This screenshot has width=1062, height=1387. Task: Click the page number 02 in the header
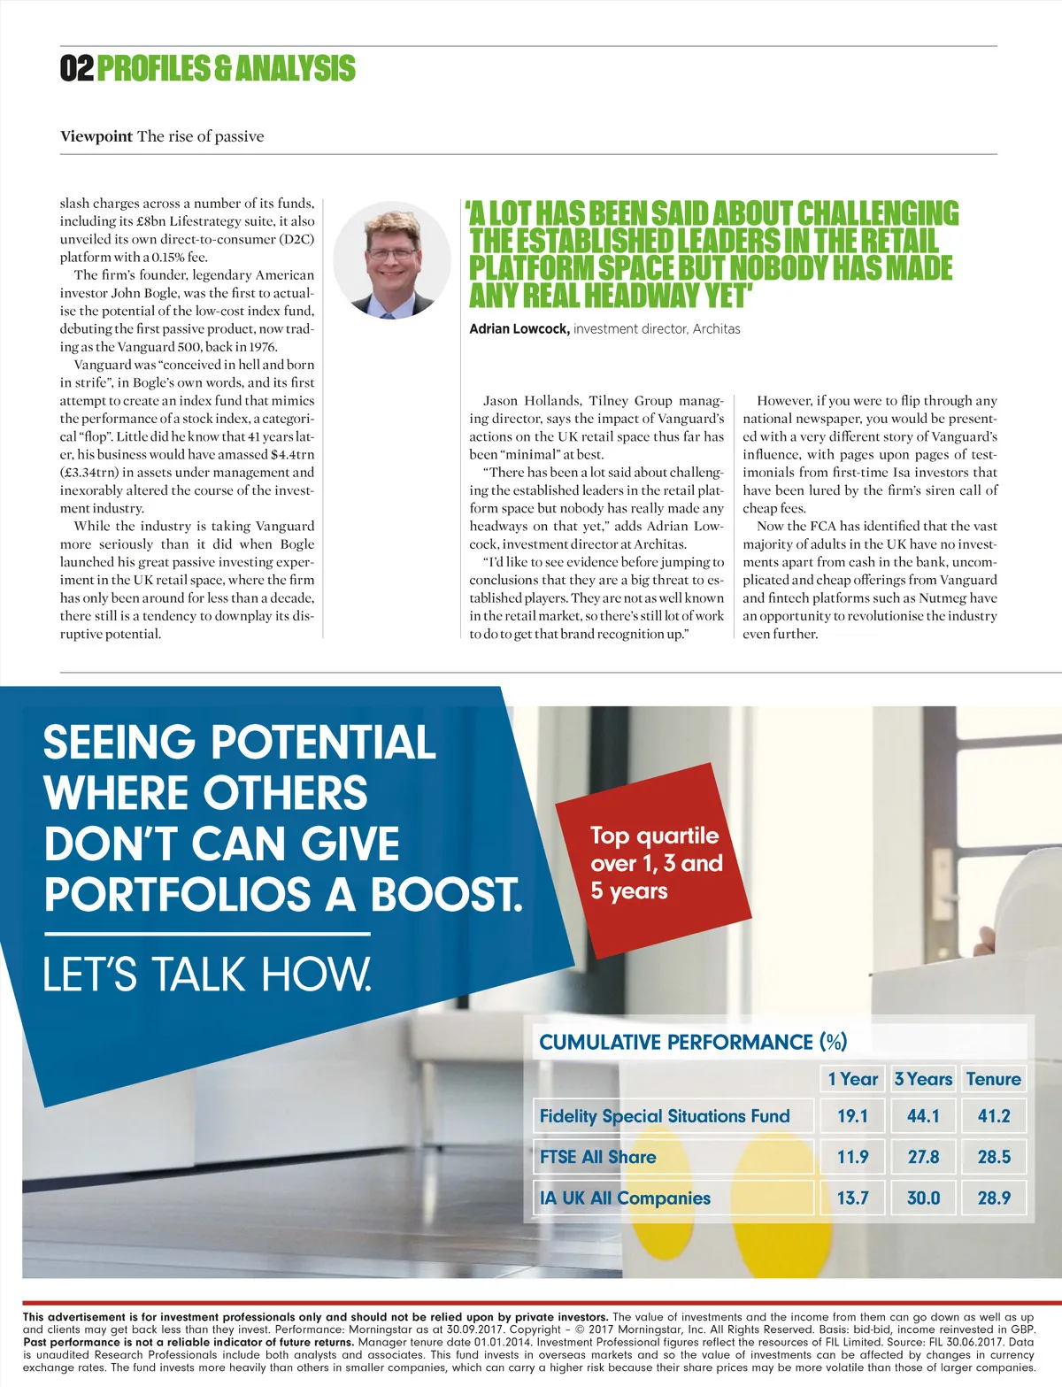coord(76,68)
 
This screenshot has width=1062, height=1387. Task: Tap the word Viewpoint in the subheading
coord(96,136)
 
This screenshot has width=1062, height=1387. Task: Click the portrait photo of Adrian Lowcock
coord(392,259)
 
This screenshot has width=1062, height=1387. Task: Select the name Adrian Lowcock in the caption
coord(519,329)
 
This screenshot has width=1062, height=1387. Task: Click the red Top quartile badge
coord(655,862)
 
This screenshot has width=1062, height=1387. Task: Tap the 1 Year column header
coord(852,1079)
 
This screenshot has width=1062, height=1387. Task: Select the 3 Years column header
coord(923,1079)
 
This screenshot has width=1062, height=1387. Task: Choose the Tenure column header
coord(993,1079)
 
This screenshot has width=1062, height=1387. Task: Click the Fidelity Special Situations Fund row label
coord(665,1116)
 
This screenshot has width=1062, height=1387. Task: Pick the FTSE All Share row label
coord(598,1157)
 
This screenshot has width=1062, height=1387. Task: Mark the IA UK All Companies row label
coord(625,1198)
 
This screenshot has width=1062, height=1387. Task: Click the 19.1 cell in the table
coord(852,1116)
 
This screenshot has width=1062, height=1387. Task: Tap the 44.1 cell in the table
coord(923,1116)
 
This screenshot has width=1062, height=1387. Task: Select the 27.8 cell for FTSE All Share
coord(923,1157)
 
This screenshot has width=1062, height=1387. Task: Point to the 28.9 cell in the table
coord(993,1198)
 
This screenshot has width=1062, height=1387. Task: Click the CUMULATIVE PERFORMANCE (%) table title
coord(693,1042)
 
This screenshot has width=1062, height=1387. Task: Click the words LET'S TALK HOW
coord(207,974)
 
